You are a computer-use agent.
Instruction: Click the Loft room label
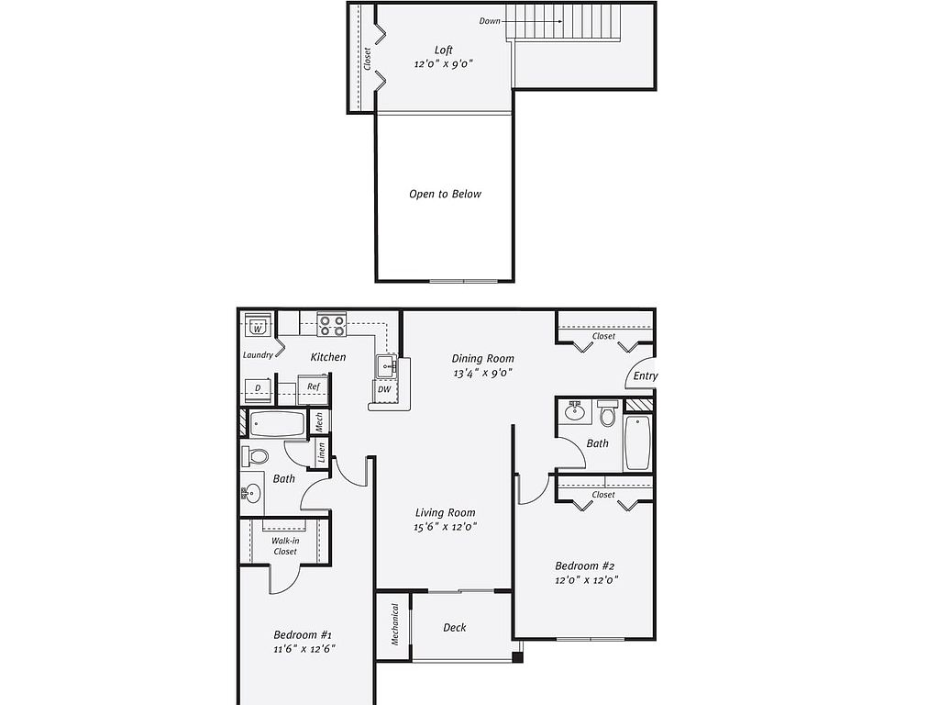pos(444,50)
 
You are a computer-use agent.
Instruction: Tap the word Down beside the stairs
pos(490,21)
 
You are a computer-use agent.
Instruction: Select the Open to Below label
pos(445,194)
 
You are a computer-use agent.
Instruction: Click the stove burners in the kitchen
pos(332,325)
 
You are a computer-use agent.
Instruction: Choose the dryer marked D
pos(258,388)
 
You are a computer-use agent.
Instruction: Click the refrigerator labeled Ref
pos(314,386)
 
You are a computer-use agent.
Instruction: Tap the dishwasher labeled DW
pos(384,389)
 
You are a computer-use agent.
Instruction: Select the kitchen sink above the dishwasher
pos(386,365)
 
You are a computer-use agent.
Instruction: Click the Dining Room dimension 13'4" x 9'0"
pos(482,373)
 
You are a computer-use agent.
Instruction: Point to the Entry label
pos(646,375)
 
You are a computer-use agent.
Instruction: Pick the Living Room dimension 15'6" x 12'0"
pos(445,527)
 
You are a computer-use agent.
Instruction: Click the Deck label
pos(455,628)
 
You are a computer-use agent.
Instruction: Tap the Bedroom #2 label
pos(584,565)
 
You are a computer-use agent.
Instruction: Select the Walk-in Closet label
pos(285,546)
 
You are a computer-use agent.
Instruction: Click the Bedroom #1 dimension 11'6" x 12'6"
pos(304,649)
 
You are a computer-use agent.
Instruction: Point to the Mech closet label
pos(319,421)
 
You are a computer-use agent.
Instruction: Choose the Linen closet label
pos(322,453)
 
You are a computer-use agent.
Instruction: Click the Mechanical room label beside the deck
pos(394,624)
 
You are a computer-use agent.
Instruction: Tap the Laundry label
pos(258,355)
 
